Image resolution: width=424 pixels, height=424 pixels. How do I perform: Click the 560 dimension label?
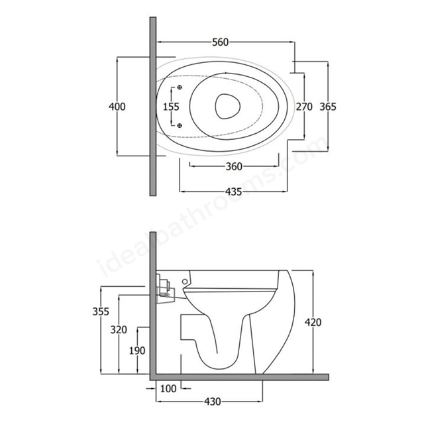(x=221, y=42)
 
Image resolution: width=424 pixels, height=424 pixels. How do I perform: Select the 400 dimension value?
(x=117, y=107)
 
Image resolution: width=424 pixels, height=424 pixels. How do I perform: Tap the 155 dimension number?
(x=171, y=107)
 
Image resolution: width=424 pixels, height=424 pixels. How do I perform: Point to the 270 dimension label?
(x=304, y=107)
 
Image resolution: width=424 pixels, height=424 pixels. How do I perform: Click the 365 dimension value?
(x=328, y=107)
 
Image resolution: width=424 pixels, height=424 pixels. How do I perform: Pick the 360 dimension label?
(x=234, y=166)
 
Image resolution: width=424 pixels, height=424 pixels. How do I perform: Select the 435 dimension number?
(x=233, y=191)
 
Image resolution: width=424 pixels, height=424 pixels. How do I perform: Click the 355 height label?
(x=101, y=311)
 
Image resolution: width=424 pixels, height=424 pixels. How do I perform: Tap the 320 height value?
(x=119, y=330)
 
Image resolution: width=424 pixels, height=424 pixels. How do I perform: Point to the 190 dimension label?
(x=137, y=350)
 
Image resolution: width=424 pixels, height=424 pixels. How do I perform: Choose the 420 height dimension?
(x=313, y=323)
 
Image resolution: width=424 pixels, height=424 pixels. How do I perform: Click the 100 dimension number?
(x=168, y=389)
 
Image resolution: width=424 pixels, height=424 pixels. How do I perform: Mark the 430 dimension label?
(x=213, y=402)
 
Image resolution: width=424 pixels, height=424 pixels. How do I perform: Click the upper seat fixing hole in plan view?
(x=180, y=87)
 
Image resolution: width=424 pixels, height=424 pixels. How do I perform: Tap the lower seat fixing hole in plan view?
(x=180, y=125)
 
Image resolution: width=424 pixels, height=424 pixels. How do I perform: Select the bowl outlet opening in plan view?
(x=227, y=106)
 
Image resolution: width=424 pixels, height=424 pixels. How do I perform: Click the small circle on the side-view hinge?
(x=185, y=282)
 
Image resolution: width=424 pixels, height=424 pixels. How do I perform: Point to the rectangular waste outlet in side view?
(x=189, y=327)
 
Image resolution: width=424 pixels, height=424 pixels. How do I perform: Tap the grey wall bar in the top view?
(x=153, y=106)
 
